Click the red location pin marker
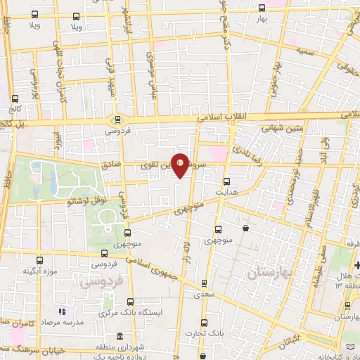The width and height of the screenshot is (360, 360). click(181, 166)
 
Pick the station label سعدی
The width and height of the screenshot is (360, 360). click(204, 296)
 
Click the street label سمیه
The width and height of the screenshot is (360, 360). click(304, 53)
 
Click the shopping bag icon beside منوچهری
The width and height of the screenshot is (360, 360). click(245, 228)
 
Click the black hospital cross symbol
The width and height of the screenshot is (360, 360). click(356, 265)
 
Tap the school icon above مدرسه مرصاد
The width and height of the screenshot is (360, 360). click(62, 311)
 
